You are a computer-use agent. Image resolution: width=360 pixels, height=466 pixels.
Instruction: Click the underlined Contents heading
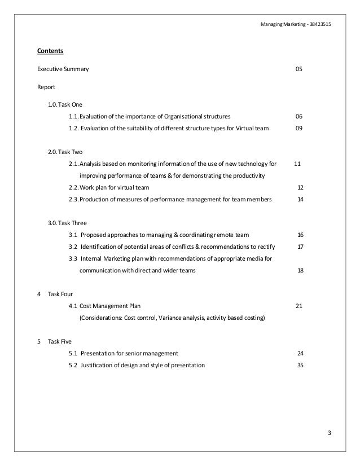(50, 51)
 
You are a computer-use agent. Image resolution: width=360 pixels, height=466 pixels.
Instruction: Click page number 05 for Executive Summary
(299, 70)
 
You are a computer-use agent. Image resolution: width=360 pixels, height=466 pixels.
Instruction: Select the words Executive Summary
(63, 70)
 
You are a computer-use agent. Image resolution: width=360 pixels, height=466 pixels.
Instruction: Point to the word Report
(46, 87)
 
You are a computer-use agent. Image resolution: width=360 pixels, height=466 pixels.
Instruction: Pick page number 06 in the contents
(299, 117)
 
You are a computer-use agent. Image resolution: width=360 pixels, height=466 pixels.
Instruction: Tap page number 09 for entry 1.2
(299, 129)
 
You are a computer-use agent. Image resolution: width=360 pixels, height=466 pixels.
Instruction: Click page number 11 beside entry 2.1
(297, 164)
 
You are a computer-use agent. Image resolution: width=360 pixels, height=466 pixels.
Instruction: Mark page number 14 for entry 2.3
(300, 199)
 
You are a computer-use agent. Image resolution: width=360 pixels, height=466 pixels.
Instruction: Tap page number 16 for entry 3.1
(300, 235)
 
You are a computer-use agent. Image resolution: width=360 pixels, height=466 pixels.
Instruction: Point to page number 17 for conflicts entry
(300, 247)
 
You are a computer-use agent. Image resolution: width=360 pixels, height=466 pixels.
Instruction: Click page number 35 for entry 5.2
(300, 365)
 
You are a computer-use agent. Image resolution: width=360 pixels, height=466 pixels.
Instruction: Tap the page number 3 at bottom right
(330, 433)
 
